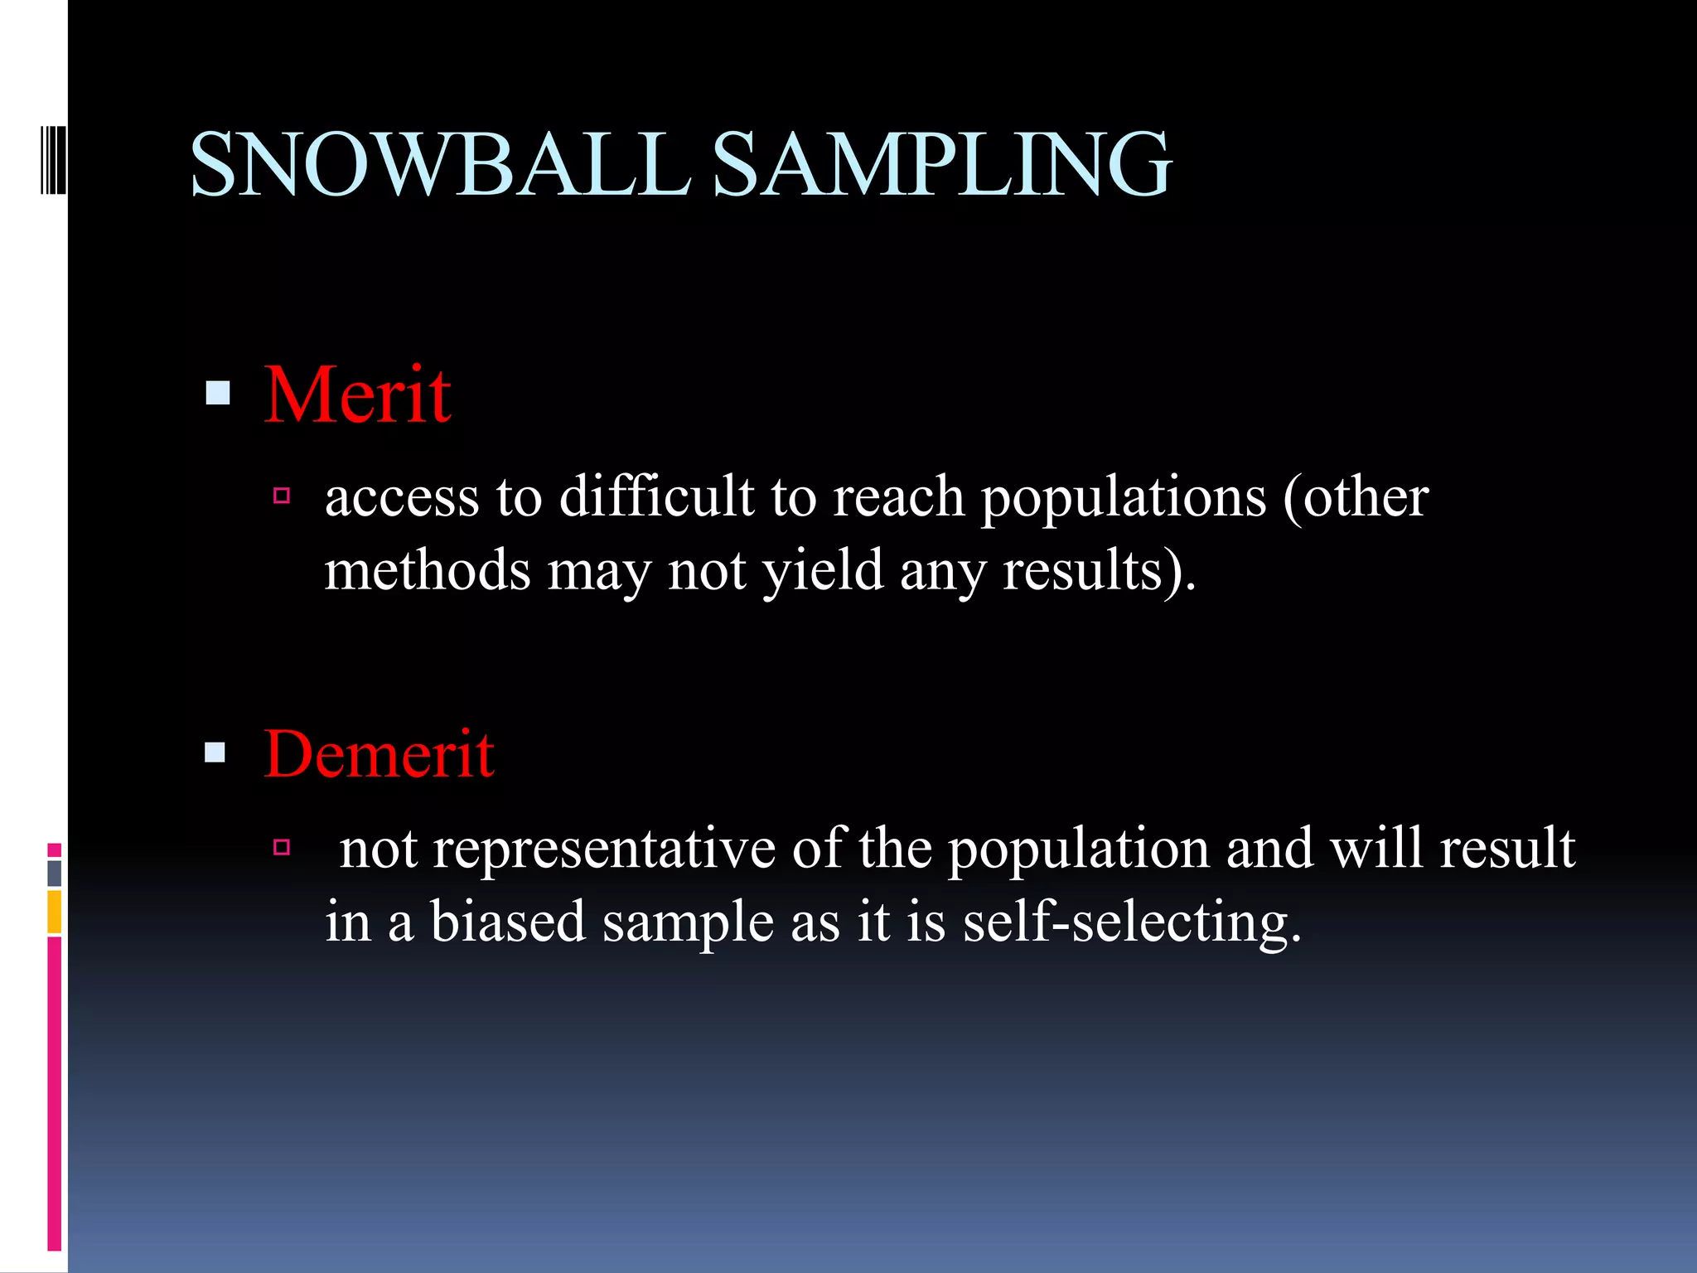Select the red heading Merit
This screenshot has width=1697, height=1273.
[357, 395]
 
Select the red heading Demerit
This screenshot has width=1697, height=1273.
[379, 754]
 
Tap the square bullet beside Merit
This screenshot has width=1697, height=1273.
[217, 393]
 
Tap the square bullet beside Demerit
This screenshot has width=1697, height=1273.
[215, 752]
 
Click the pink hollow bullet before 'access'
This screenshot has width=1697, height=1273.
[282, 496]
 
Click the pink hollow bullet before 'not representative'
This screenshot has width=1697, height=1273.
[282, 847]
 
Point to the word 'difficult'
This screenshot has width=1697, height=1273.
[656, 497]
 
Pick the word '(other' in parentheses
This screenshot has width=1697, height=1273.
[1356, 497]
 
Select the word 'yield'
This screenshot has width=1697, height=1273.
[823, 572]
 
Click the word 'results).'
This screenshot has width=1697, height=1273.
[1099, 572]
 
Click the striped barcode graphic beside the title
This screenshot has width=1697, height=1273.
[53, 160]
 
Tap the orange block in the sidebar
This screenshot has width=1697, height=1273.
[55, 912]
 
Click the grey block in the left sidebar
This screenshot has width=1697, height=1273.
[55, 873]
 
